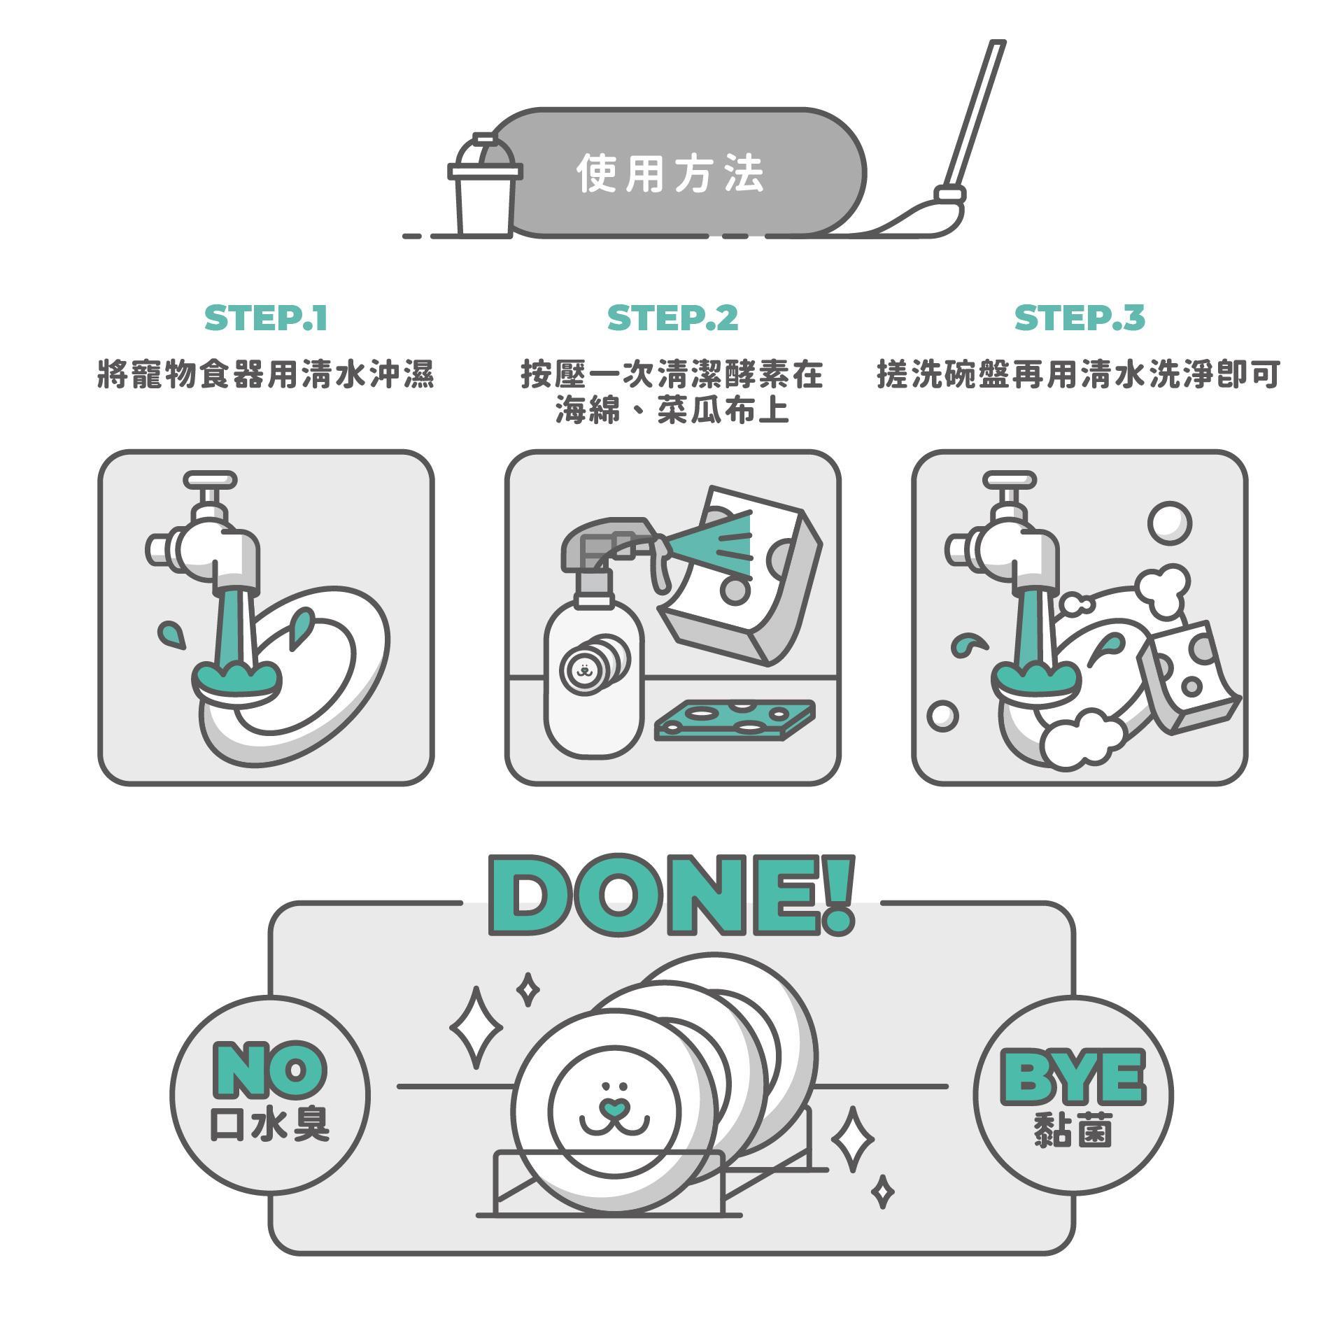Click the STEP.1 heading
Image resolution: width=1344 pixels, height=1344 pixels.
tap(266, 318)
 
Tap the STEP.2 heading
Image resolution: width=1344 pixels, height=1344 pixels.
tap(672, 318)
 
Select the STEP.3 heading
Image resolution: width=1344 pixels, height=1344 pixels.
tap(1080, 318)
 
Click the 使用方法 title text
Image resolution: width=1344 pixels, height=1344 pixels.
tap(670, 174)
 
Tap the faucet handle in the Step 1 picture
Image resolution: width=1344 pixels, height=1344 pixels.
tap(210, 481)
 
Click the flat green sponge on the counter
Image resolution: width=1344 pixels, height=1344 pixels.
tap(735, 720)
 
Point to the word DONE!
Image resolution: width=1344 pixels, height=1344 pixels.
tap(672, 895)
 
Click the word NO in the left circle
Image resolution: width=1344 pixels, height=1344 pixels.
tap(269, 1070)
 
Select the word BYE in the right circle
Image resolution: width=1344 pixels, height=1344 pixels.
tap(1074, 1078)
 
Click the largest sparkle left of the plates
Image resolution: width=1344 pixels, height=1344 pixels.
tap(476, 1028)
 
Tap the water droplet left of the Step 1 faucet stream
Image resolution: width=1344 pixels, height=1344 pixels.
tap(171, 634)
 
